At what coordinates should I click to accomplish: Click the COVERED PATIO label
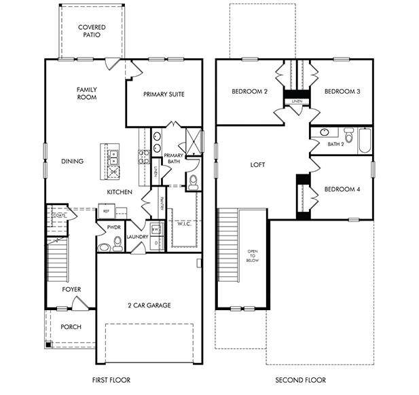coord(91,31)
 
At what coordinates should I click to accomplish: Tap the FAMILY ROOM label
coord(86,93)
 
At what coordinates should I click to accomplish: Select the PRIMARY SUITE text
coord(164,94)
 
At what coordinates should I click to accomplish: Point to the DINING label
coord(72,162)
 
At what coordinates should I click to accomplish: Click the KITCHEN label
coord(119,193)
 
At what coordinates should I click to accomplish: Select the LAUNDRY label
coord(137,237)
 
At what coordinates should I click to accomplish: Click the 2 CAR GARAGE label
coord(149,305)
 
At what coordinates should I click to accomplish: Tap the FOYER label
coord(71,290)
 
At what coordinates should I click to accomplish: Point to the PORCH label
coord(71,327)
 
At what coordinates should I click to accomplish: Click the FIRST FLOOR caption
coord(111,380)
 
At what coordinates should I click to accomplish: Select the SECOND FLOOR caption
coord(300,380)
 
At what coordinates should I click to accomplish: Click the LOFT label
coord(257,165)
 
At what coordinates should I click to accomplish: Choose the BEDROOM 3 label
coord(342,92)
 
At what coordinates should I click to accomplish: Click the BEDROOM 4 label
coord(342,189)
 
